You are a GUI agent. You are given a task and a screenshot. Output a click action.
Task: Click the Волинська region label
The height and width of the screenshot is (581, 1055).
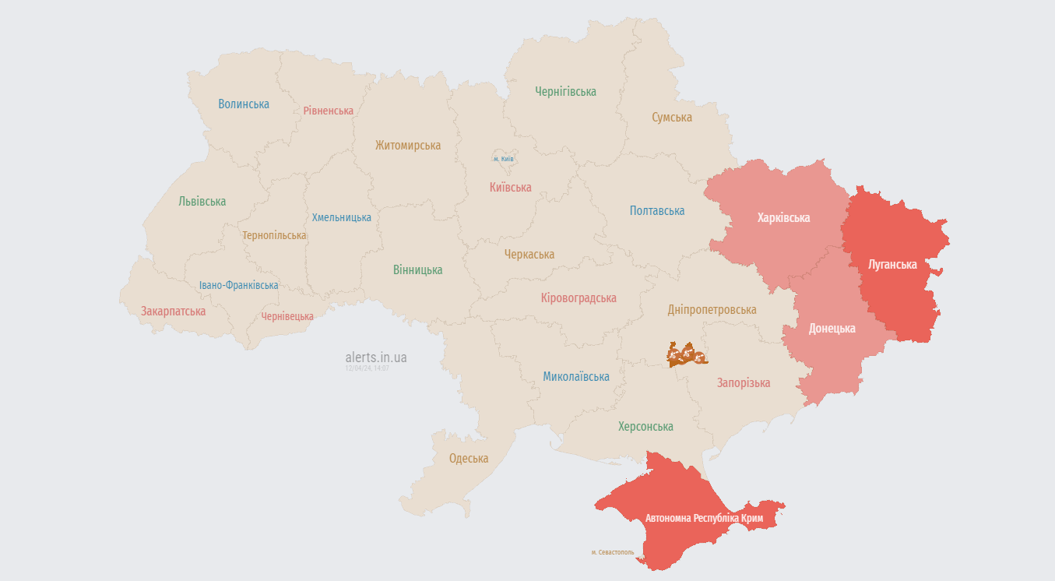click(x=244, y=104)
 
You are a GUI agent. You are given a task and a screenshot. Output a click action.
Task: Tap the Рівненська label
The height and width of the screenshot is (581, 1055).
click(x=329, y=111)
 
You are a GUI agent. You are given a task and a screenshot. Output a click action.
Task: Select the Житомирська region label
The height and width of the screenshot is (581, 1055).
click(x=407, y=146)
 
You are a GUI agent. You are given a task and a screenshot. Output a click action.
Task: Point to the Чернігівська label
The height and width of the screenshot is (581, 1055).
click(x=565, y=92)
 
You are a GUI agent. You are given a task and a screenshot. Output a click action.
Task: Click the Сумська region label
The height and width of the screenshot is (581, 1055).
click(x=672, y=118)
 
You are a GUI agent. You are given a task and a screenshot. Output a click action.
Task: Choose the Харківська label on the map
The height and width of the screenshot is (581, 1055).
click(x=783, y=218)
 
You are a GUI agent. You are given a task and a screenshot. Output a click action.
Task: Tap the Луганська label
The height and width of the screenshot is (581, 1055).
click(x=892, y=265)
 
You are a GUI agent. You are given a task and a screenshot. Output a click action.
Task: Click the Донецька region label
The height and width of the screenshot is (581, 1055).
click(x=832, y=329)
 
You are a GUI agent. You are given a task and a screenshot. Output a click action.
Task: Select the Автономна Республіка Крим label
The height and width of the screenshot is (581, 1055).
click(x=704, y=518)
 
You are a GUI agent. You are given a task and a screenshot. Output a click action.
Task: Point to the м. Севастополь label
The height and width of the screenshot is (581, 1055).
click(x=613, y=553)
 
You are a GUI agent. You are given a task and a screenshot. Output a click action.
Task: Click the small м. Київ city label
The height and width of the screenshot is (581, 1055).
click(x=503, y=159)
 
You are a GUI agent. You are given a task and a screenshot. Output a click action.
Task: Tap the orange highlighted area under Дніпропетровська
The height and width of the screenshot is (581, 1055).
click(x=686, y=354)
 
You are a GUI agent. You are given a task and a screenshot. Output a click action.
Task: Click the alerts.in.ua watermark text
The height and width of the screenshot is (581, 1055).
click(x=375, y=357)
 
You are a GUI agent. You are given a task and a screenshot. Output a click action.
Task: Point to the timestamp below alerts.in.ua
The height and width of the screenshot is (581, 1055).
click(x=367, y=368)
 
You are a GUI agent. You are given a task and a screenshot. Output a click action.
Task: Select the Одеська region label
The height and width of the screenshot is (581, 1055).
click(x=469, y=459)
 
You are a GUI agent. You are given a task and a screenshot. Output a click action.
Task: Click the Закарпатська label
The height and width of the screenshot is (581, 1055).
click(x=173, y=312)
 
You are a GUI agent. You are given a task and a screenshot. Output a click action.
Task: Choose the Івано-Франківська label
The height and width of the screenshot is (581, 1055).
click(x=238, y=286)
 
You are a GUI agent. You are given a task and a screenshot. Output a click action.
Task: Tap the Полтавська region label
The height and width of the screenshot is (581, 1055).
click(x=657, y=211)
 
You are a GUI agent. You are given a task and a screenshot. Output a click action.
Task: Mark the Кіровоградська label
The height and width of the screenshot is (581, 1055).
click(x=578, y=298)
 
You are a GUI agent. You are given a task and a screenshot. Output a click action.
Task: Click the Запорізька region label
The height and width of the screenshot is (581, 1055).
click(x=743, y=383)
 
